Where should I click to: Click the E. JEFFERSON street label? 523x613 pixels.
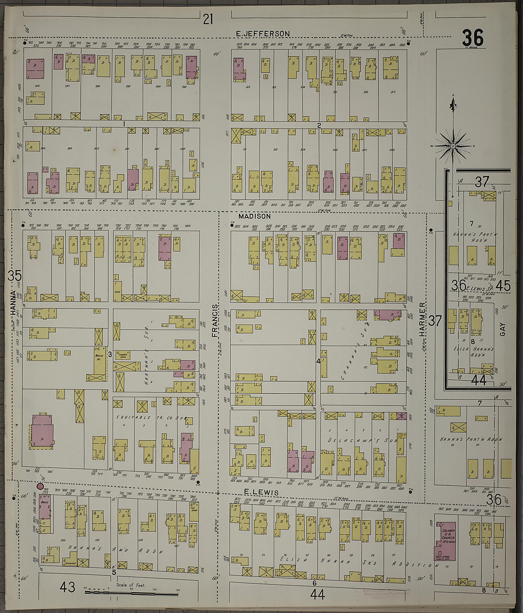coord(263,34)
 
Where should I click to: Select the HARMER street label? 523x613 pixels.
coord(422,319)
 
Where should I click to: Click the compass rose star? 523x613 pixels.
coord(453,146)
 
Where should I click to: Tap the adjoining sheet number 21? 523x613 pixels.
coord(208,20)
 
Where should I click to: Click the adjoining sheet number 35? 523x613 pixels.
coord(15,276)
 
